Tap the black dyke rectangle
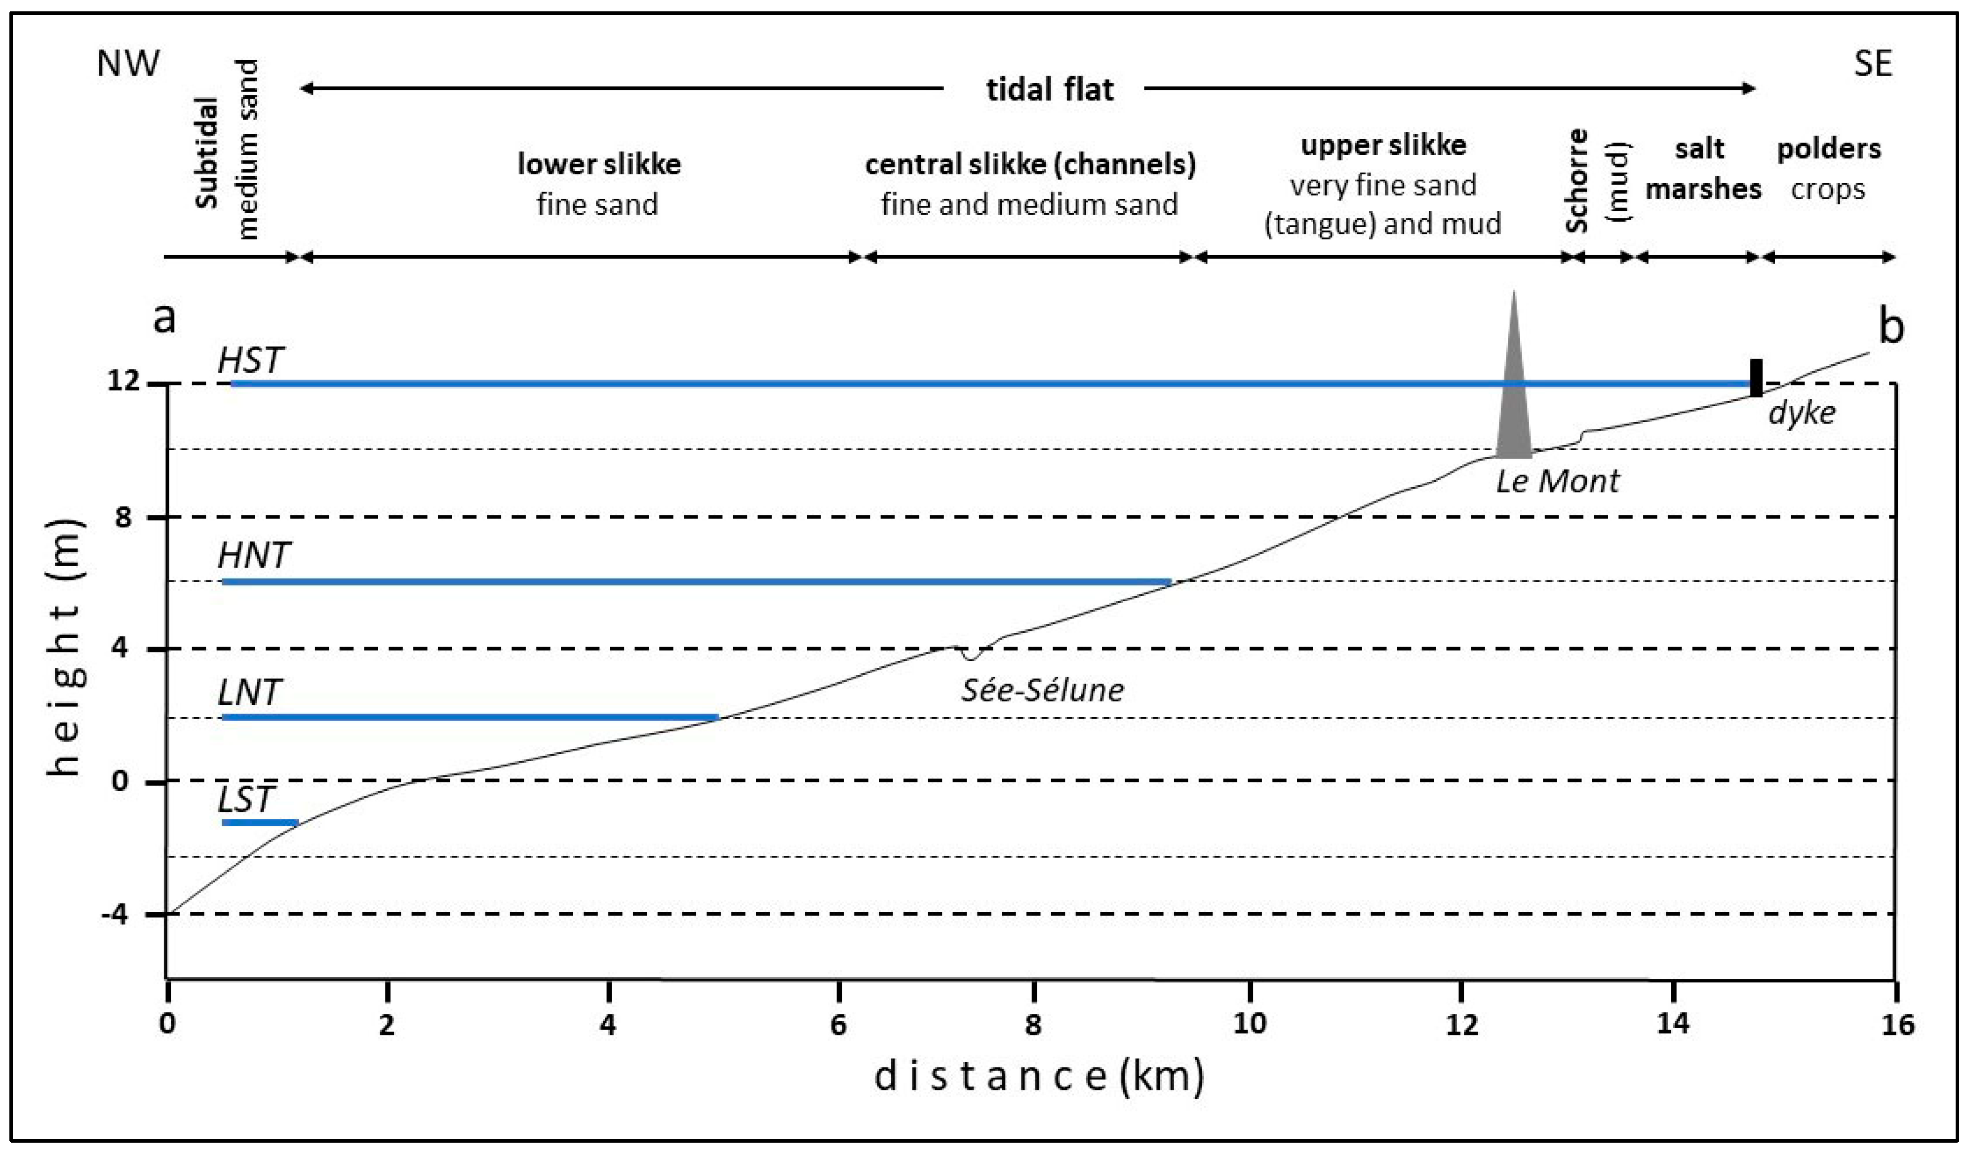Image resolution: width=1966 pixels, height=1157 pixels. (x=1755, y=378)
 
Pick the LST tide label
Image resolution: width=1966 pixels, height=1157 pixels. (x=246, y=799)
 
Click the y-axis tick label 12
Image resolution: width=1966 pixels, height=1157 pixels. (x=123, y=382)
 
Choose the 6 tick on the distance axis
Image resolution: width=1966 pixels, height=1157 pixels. (x=838, y=1024)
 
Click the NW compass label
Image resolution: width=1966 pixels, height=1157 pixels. (x=128, y=63)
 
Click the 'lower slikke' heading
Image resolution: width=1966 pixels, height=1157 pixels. (x=599, y=165)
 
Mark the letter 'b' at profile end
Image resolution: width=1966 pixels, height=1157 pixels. (x=1891, y=326)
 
